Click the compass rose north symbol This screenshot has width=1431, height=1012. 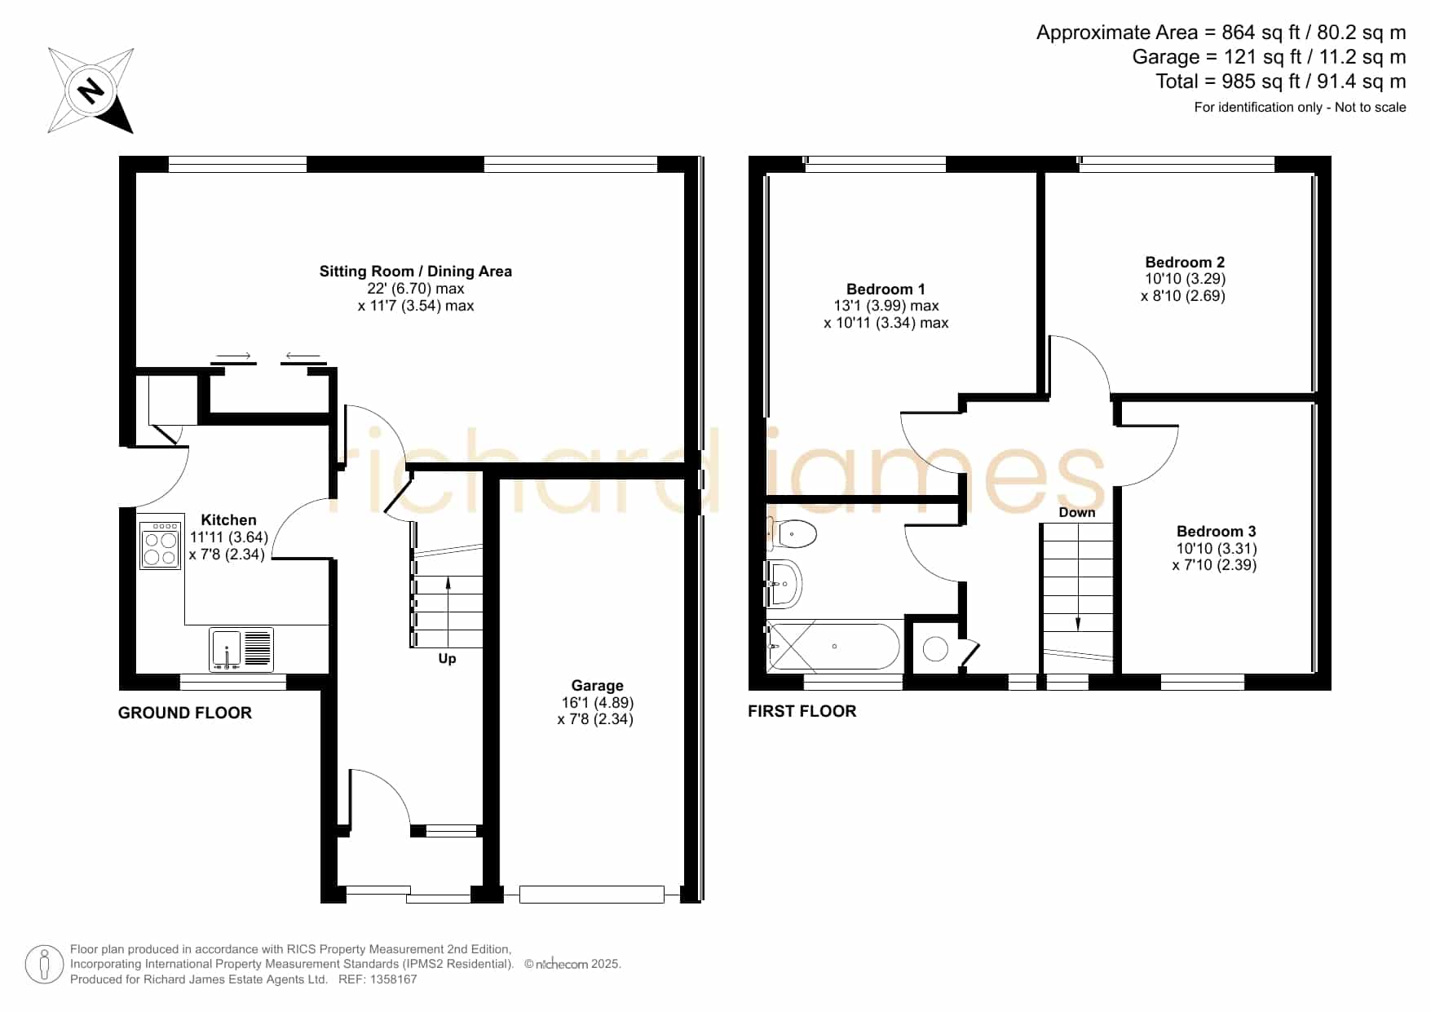[x=91, y=90]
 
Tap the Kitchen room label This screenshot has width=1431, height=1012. [x=228, y=519]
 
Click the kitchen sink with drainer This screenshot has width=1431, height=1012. [x=241, y=650]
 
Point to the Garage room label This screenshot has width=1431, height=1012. [x=597, y=686]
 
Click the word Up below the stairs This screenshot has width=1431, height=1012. [x=447, y=659]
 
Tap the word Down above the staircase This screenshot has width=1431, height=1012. [x=1077, y=512]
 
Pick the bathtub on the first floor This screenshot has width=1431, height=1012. [x=833, y=647]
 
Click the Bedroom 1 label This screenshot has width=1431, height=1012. [x=886, y=289]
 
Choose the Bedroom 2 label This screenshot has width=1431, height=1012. [x=1185, y=262]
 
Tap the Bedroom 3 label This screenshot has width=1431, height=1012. [x=1216, y=531]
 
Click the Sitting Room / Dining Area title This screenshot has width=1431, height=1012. [x=416, y=272]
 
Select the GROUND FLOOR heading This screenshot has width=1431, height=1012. [x=185, y=713]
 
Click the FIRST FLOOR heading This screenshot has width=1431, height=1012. [x=802, y=711]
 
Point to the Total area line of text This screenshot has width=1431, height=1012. [x=1281, y=82]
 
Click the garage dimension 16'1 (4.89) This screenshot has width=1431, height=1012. [x=598, y=703]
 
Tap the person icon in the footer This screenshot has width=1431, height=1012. [x=44, y=965]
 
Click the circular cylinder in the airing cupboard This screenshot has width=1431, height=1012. [x=935, y=649]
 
